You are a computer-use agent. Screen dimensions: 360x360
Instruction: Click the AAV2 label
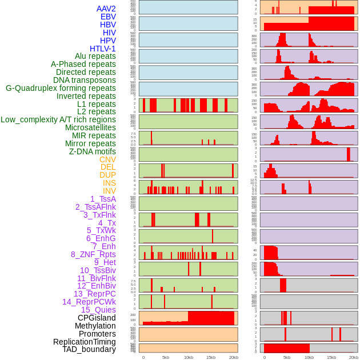tap(106, 9)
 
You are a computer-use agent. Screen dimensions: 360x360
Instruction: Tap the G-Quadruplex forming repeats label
tap(61, 88)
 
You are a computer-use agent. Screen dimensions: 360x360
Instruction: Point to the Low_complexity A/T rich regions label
tap(58, 119)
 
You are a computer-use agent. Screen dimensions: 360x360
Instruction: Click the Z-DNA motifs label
tap(92, 151)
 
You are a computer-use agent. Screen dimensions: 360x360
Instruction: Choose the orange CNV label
tap(107, 159)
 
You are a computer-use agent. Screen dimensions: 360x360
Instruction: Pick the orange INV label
tap(109, 191)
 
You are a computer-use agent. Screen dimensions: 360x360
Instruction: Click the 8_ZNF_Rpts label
tap(93, 254)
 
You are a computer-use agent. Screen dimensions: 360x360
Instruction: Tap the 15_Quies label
tap(98, 310)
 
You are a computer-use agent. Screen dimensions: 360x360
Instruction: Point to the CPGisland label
tap(97, 318)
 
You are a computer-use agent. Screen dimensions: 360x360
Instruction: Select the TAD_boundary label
tap(89, 349)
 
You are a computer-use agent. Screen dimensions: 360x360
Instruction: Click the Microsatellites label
tap(90, 127)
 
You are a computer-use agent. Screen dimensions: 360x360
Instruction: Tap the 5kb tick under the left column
tap(166, 357)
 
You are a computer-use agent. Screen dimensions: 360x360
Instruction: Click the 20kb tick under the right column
tap(354, 357)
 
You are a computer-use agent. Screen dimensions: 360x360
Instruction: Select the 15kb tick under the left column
tap(211, 357)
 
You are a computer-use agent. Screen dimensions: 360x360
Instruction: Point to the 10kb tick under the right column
tap(309, 357)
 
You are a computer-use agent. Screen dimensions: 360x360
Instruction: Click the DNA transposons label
tap(85, 80)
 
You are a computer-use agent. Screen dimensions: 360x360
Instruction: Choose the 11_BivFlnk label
tap(97, 278)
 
